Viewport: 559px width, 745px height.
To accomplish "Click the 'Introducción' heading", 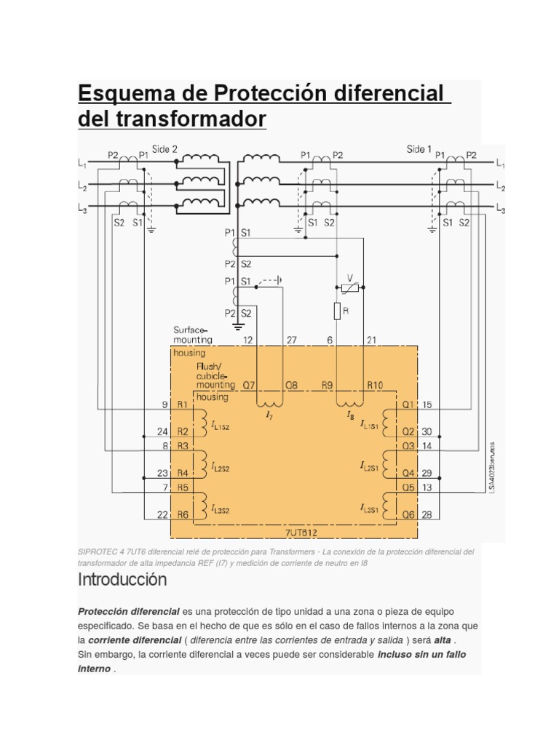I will coord(122,580).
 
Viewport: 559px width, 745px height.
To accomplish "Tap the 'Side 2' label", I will coord(164,149).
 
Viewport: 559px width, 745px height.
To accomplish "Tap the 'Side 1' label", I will coord(419,149).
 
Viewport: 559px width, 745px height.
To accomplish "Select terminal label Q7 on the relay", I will coord(249,386).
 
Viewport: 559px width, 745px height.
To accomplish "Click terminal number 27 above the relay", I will coord(291,340).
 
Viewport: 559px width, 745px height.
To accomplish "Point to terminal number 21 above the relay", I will coord(371,340).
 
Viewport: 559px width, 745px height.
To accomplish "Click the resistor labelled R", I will coord(337,311).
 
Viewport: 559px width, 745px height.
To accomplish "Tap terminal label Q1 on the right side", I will coord(408,405).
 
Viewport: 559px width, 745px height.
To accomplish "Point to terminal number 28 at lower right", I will coord(427,514).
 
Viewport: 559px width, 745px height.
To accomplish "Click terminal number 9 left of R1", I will coord(164,405).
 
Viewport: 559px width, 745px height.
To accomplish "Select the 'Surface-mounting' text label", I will coord(192,335).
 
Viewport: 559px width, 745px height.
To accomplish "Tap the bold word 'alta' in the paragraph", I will coord(443,640).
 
